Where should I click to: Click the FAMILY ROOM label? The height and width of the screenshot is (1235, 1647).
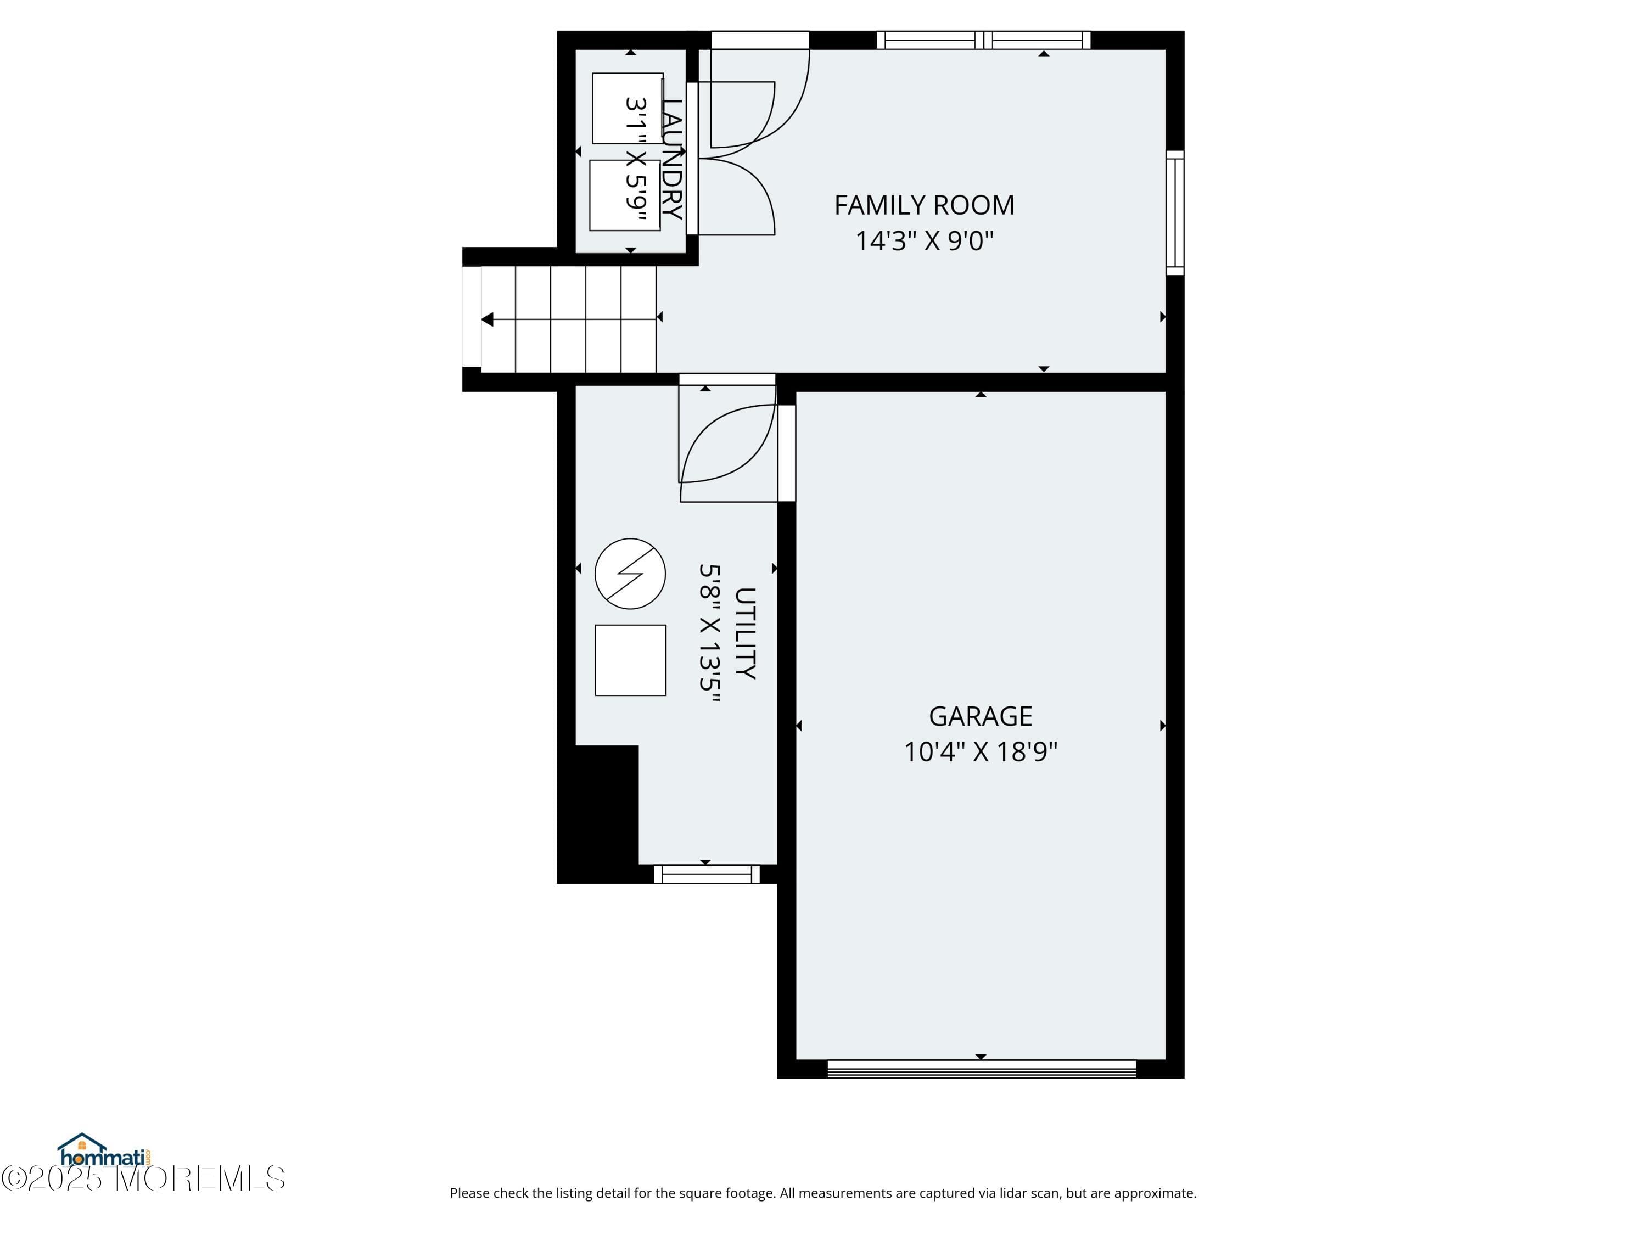923,205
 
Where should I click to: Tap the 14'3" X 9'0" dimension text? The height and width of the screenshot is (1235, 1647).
923,240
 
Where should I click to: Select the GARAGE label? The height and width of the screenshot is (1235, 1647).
980,716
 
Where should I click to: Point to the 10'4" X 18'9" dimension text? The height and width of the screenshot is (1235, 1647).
980,752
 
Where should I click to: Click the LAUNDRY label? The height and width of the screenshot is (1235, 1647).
671,159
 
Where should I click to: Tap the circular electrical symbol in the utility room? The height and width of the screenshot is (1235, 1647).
630,574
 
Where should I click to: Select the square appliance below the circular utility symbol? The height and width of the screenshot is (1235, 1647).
630,660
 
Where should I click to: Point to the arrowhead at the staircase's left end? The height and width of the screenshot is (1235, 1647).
487,319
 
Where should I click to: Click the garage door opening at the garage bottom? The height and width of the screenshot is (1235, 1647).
982,1069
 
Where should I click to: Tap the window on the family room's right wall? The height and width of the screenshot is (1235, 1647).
1174,212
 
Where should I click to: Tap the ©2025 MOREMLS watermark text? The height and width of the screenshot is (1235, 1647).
143,1179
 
